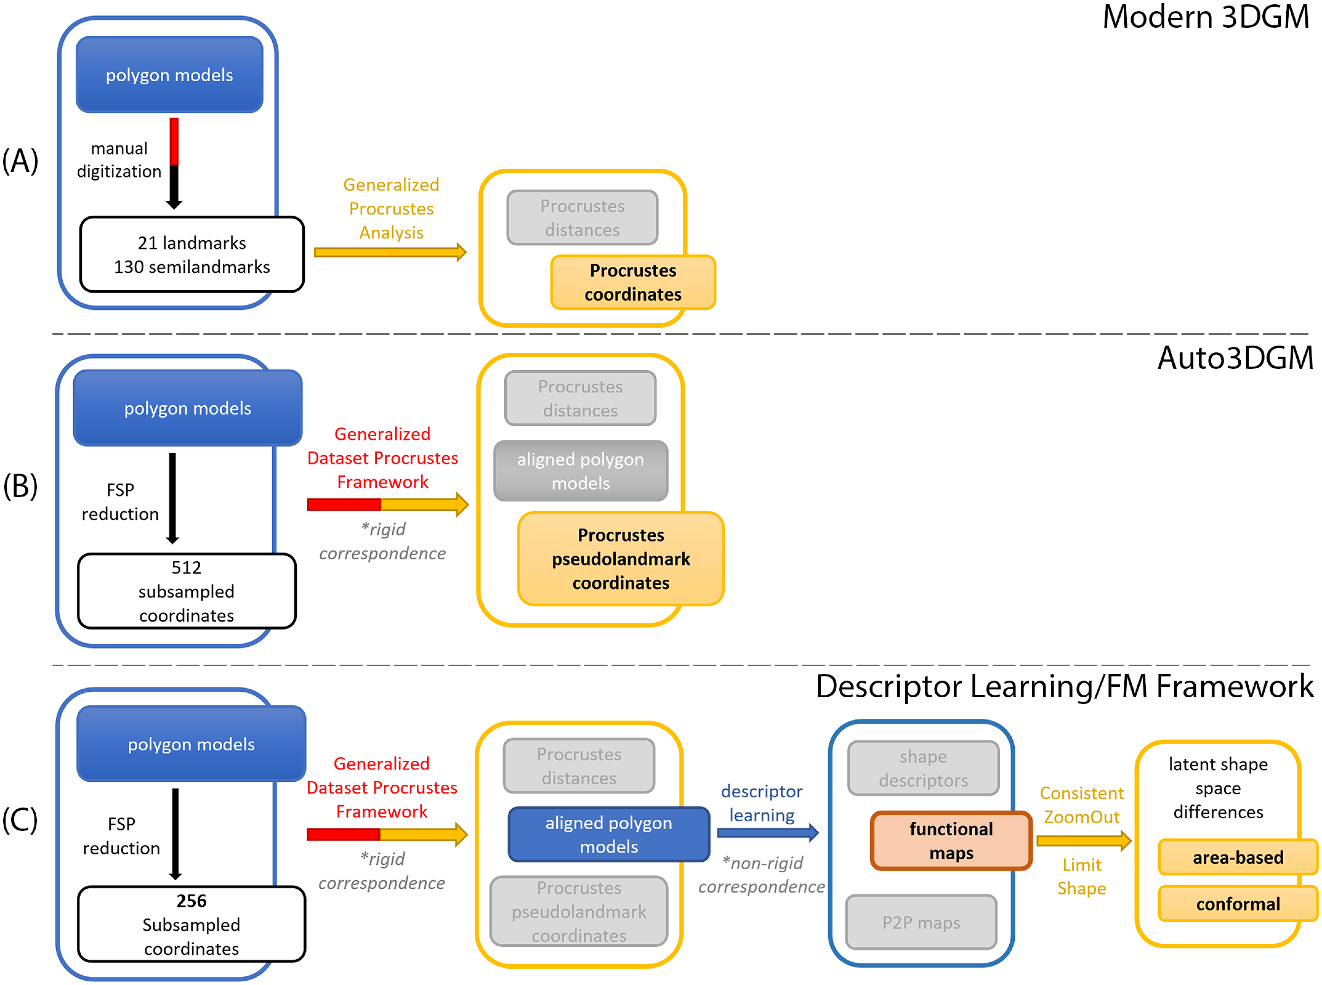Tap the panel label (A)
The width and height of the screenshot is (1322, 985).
coord(20,161)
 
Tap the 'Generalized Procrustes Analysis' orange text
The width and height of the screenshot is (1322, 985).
coord(391,209)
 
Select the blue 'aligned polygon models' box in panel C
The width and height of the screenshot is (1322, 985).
coord(608,835)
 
